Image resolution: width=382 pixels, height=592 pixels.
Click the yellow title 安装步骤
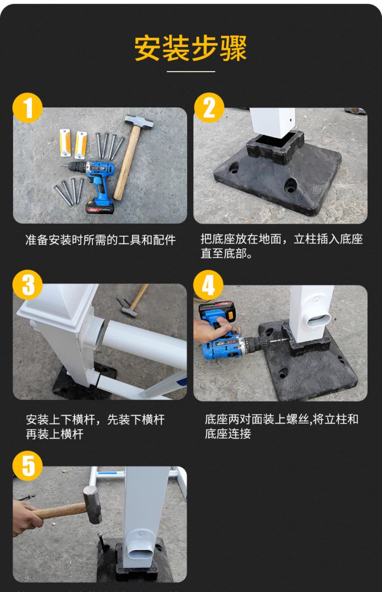click(191, 48)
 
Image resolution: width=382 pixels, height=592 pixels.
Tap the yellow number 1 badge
click(27, 108)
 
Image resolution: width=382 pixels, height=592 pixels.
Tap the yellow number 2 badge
click(209, 108)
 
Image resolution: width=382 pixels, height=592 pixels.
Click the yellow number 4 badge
click(208, 285)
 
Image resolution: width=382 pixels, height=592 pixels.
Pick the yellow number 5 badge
click(27, 466)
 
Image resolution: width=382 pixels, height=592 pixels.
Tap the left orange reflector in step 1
click(65, 143)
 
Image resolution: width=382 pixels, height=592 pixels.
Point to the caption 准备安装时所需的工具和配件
click(100, 240)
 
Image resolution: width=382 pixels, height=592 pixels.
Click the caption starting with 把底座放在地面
click(281, 246)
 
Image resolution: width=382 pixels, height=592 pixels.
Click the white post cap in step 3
click(59, 304)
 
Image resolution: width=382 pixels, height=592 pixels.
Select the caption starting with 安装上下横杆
click(95, 427)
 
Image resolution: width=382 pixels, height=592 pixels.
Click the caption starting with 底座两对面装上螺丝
click(281, 426)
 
